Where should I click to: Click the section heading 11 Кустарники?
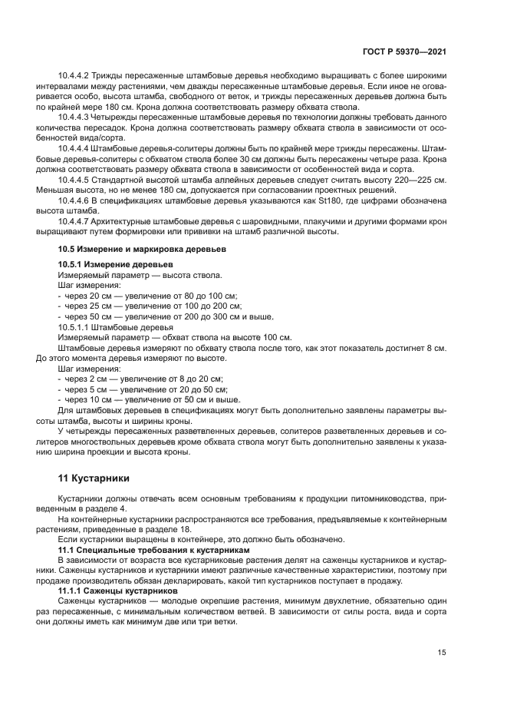(94, 478)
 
